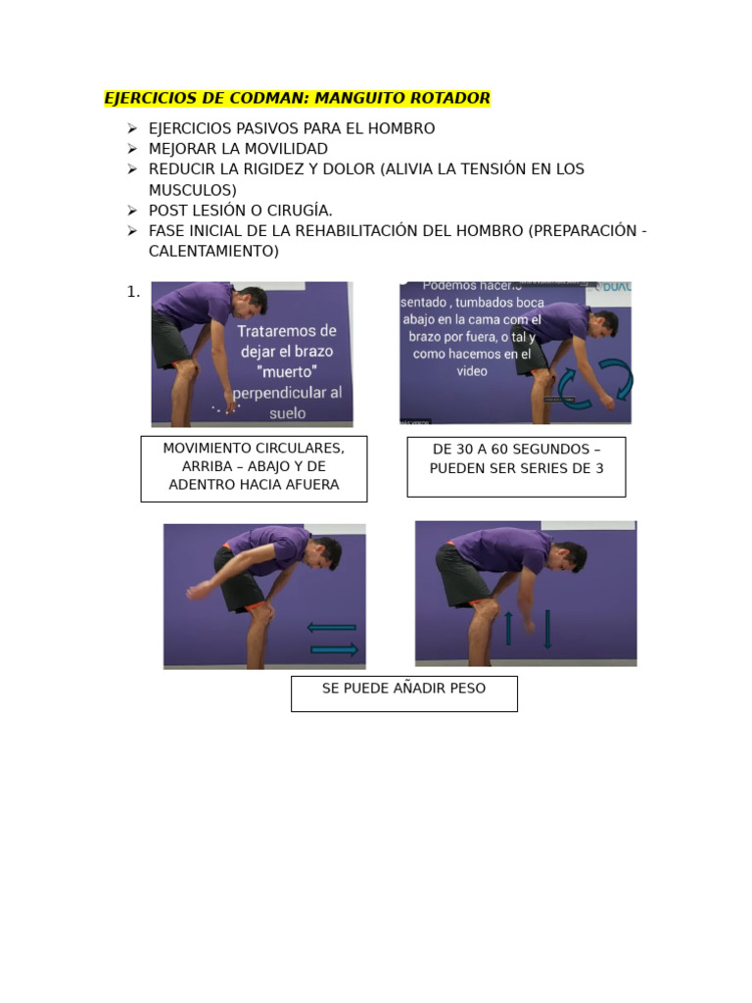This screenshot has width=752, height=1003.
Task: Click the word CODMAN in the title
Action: [x=265, y=98]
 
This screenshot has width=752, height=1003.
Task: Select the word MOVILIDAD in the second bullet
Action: [x=281, y=149]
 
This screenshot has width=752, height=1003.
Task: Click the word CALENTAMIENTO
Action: [x=213, y=251]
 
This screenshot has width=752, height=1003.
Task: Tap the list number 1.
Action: [x=132, y=292]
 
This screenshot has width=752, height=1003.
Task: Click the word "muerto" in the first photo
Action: [x=287, y=372]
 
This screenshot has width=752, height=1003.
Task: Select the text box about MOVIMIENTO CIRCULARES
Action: [x=254, y=467]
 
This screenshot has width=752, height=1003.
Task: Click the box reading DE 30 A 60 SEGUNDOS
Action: [x=516, y=466]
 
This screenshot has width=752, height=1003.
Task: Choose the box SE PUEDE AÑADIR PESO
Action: [x=403, y=693]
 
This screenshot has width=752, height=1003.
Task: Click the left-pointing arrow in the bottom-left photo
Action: [x=331, y=627]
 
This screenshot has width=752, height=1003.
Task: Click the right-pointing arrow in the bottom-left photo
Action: [x=334, y=648]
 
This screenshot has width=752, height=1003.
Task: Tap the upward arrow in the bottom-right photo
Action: [x=508, y=628]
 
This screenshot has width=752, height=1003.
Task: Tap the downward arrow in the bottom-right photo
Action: [x=546, y=629]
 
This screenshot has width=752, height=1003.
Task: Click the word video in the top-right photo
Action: [x=472, y=371]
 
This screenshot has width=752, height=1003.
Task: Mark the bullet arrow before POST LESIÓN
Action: [x=132, y=211]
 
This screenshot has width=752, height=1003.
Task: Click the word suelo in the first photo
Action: [x=287, y=413]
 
